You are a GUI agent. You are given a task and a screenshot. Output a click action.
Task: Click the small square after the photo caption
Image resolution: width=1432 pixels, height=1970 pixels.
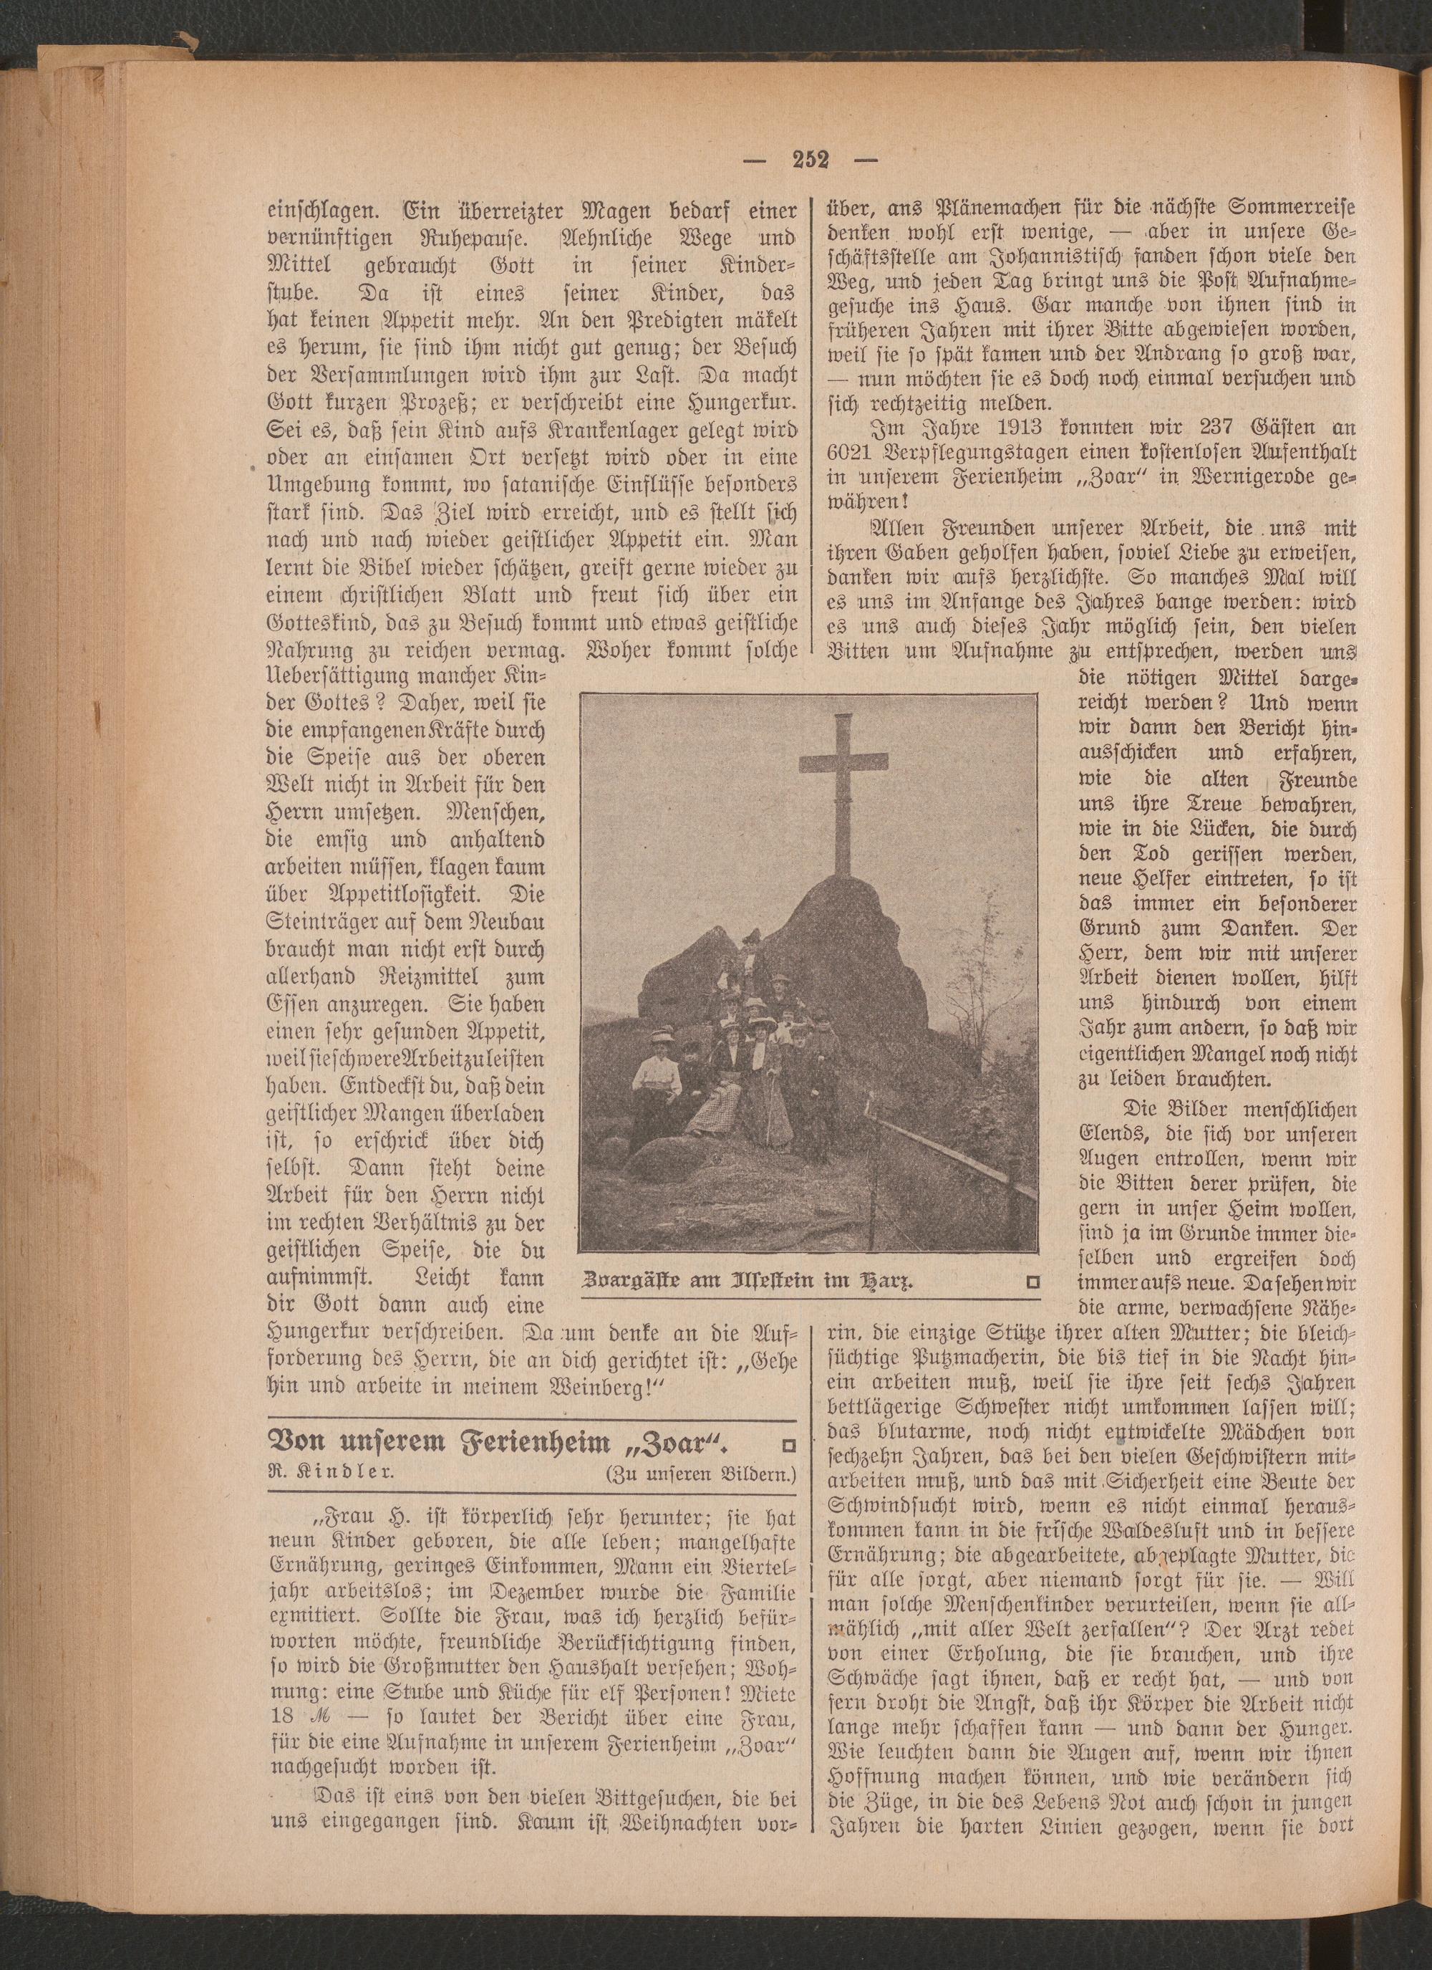tap(1032, 1281)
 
